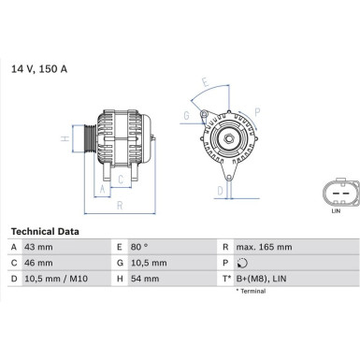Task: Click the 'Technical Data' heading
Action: pyautogui.click(x=45, y=231)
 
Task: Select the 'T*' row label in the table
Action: pyautogui.click(x=225, y=278)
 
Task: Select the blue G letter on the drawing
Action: pyautogui.click(x=187, y=115)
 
